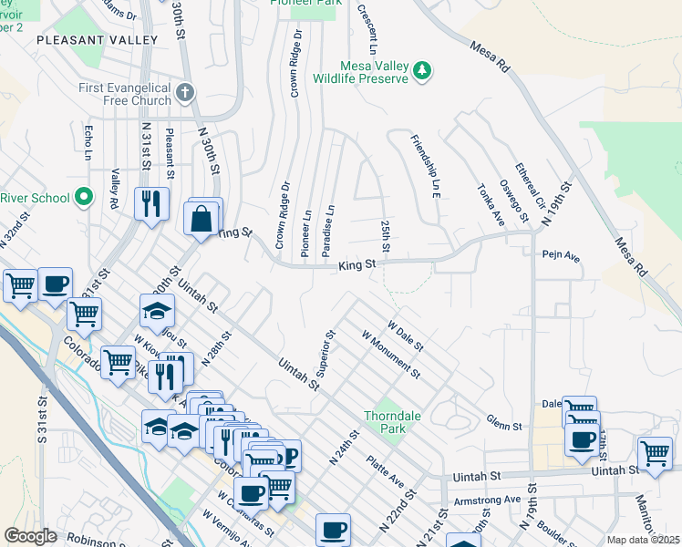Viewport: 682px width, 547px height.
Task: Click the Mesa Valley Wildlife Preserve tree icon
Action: click(x=421, y=70)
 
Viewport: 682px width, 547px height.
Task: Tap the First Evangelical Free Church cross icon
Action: click(x=185, y=92)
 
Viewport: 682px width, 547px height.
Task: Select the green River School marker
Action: click(x=85, y=197)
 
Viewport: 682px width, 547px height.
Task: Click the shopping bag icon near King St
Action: click(x=201, y=219)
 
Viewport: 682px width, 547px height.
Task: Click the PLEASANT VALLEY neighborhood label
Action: click(x=97, y=40)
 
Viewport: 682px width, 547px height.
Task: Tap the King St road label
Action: click(x=357, y=265)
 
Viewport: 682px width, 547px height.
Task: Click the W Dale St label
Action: click(x=406, y=335)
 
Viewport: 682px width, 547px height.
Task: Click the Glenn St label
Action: click(x=504, y=425)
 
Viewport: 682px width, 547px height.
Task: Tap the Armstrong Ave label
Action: click(x=487, y=499)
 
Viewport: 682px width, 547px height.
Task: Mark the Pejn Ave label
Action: click(x=561, y=257)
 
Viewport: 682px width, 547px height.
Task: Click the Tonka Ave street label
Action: click(x=491, y=201)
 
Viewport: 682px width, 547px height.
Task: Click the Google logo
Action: click(x=30, y=536)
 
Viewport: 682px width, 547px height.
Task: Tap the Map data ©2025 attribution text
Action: click(x=643, y=540)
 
